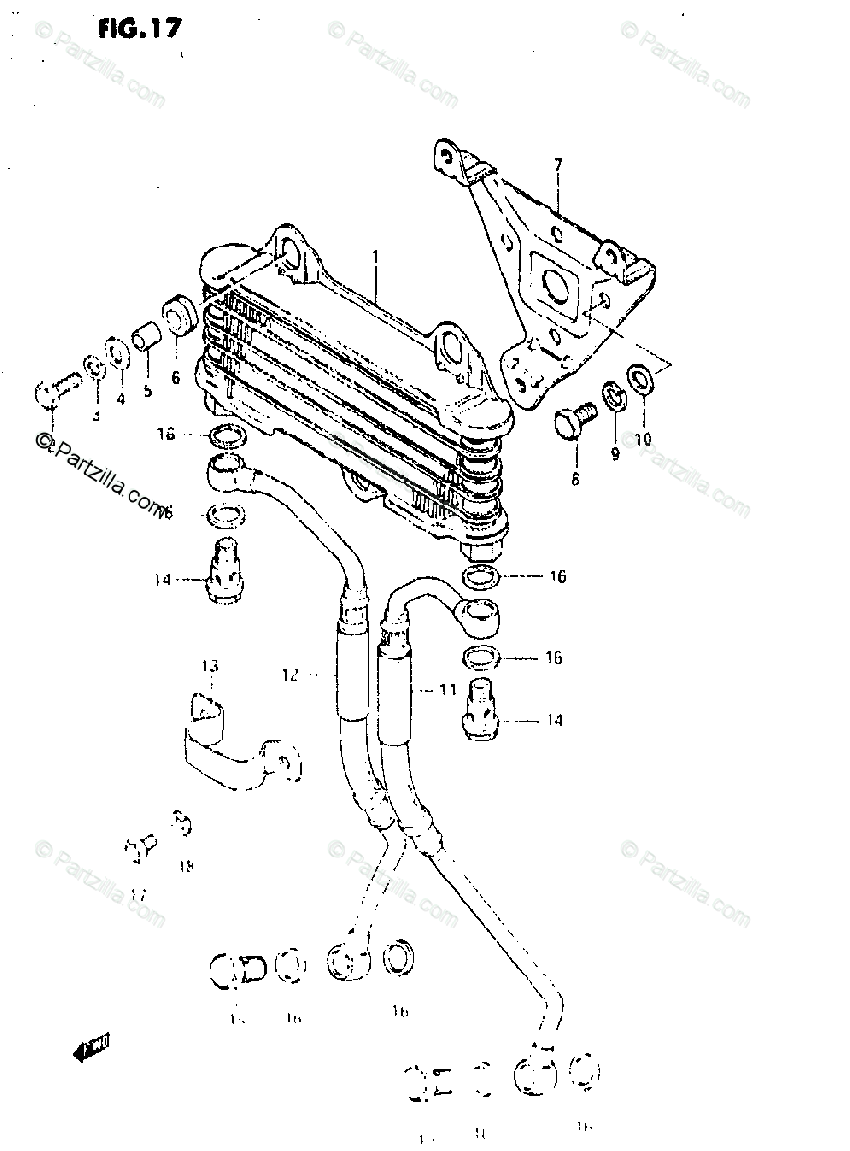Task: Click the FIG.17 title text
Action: tap(138, 29)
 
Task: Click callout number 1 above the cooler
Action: tap(376, 258)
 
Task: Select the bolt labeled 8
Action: tap(576, 420)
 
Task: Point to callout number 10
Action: tap(642, 439)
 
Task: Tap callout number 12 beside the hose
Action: tap(291, 675)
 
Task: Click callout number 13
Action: tap(210, 667)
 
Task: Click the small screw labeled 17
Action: tap(140, 847)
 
